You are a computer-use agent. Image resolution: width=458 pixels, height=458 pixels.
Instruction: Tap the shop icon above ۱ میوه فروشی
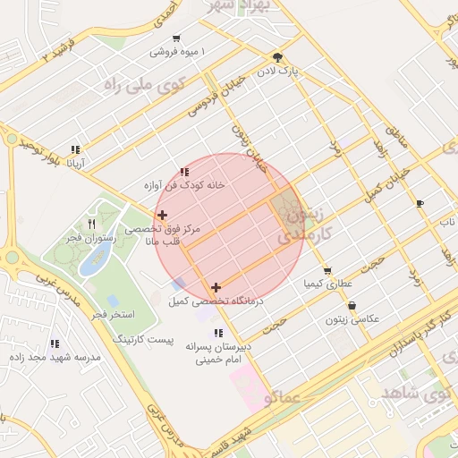point(176,38)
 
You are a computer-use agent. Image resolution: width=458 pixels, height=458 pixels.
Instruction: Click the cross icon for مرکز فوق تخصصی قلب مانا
point(162,215)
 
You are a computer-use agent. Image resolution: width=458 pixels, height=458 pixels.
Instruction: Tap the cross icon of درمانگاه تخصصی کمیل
point(216,287)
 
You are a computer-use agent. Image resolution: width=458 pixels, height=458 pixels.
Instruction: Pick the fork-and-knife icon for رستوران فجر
point(91,224)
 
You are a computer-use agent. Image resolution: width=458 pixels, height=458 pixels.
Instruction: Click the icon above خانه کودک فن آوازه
point(184,171)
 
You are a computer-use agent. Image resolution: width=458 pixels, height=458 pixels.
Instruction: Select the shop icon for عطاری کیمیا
point(327,270)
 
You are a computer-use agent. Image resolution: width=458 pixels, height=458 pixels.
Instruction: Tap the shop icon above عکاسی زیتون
point(352,305)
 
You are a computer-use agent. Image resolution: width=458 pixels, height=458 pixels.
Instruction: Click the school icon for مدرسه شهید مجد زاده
point(55,343)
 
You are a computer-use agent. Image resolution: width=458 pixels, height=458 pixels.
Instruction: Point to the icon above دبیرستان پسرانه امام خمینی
point(219,333)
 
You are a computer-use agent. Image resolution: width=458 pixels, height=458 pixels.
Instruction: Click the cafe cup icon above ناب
point(420,204)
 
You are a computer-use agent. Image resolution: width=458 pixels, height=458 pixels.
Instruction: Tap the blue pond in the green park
point(95,259)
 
